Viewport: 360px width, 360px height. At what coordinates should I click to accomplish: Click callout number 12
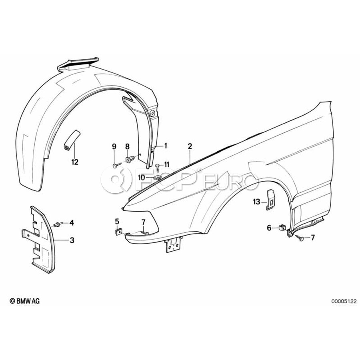tap(75, 162)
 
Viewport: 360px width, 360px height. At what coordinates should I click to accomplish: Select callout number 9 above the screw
tap(114, 146)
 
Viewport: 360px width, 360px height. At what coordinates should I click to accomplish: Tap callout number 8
tap(128, 146)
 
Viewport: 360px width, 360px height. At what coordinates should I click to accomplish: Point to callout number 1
tap(165, 146)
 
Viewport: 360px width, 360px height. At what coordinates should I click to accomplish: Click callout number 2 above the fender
tap(190, 146)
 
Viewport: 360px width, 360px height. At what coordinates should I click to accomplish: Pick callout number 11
tap(167, 164)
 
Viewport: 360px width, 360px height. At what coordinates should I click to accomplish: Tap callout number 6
tap(269, 228)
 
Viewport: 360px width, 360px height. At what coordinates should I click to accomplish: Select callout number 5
tap(117, 221)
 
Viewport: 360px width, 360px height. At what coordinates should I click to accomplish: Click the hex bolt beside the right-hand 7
tap(301, 238)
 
